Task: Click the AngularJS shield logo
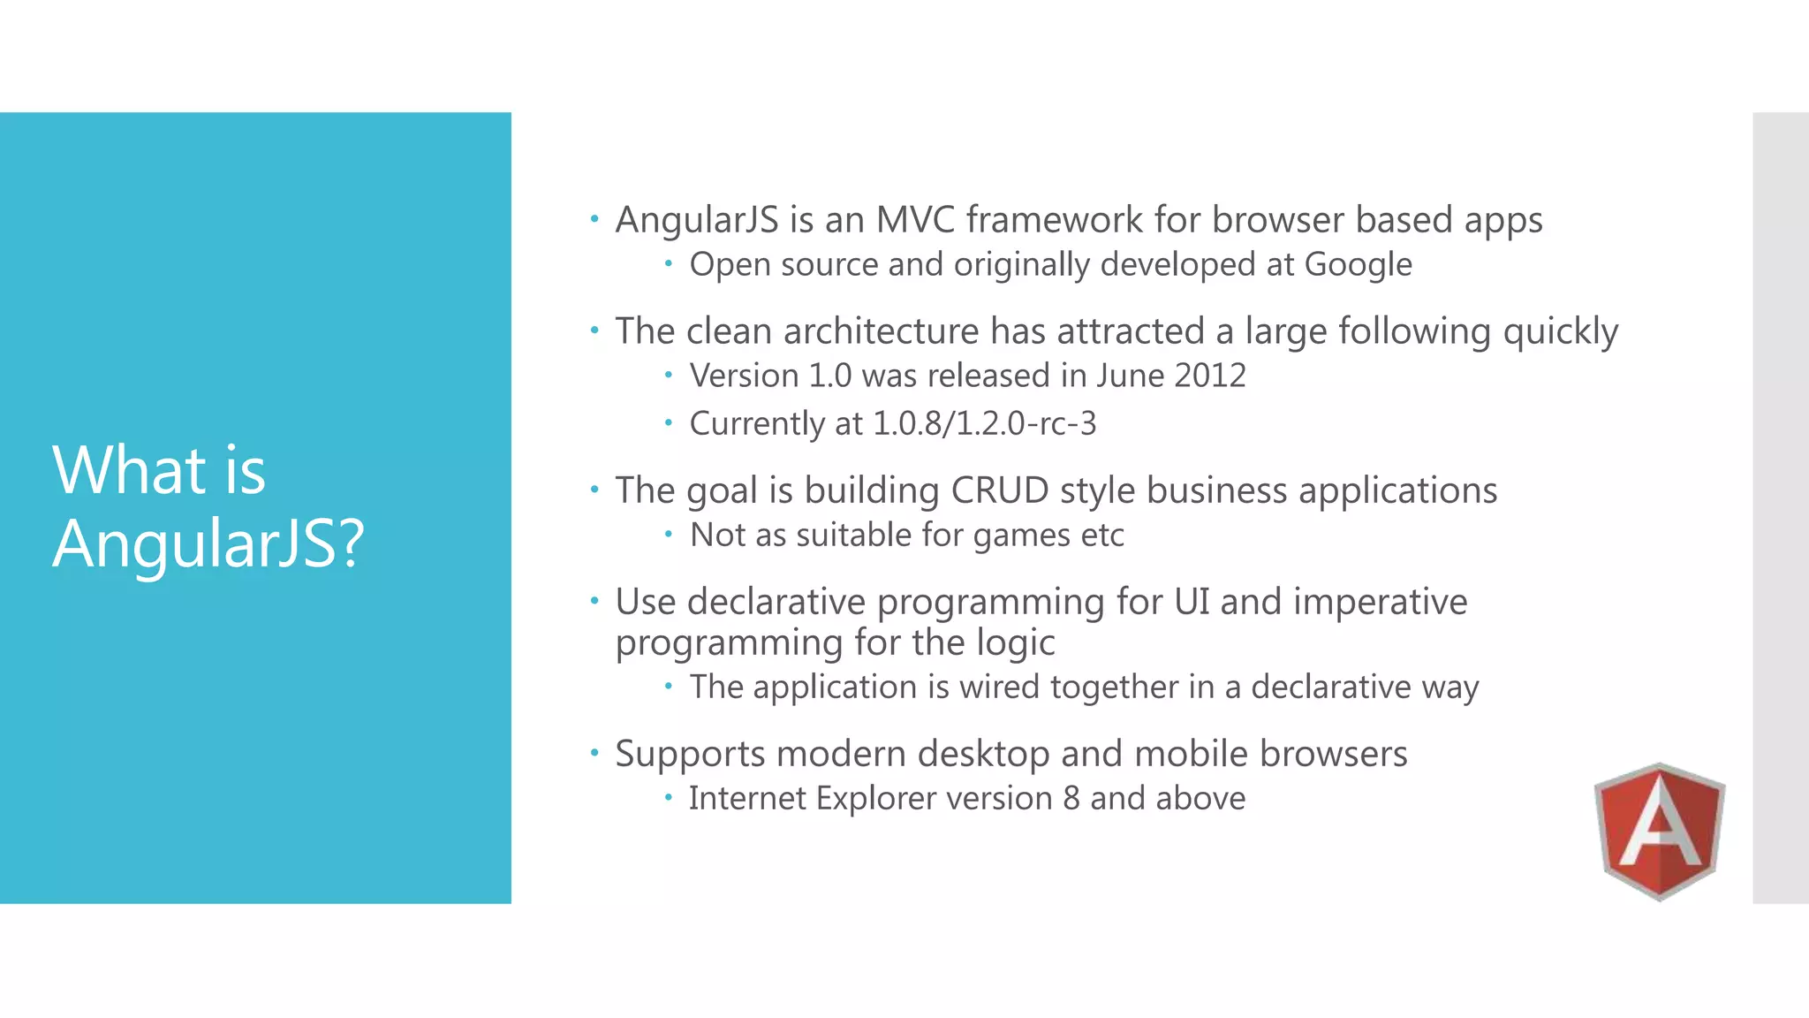[x=1659, y=831]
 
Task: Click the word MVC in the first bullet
[x=915, y=220]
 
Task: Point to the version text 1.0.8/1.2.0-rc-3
[x=984, y=423]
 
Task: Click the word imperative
[x=1380, y=602]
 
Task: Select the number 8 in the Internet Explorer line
[x=1071, y=798]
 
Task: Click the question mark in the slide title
[x=352, y=543]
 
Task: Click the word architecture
[x=881, y=331]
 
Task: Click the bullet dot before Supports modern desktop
[x=594, y=753]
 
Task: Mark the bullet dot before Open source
[x=669, y=262]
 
